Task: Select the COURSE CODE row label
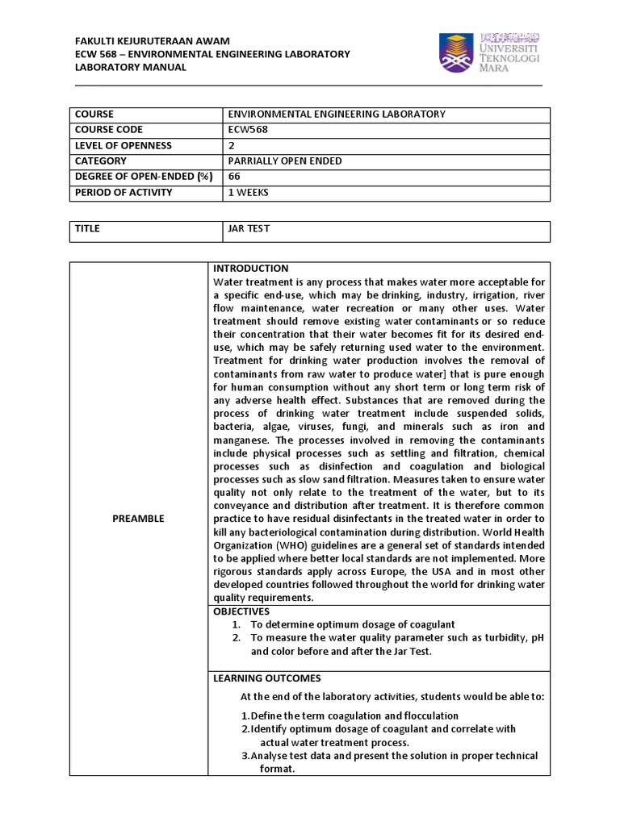click(x=109, y=129)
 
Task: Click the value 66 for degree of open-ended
click(x=235, y=175)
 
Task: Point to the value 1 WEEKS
click(x=249, y=191)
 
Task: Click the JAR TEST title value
click(x=249, y=228)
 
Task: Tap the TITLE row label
click(x=88, y=228)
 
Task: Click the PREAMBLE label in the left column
click(x=138, y=519)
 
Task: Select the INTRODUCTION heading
click(x=250, y=269)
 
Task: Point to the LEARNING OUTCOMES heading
click(x=266, y=678)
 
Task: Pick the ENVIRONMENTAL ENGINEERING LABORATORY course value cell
click(x=337, y=115)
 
